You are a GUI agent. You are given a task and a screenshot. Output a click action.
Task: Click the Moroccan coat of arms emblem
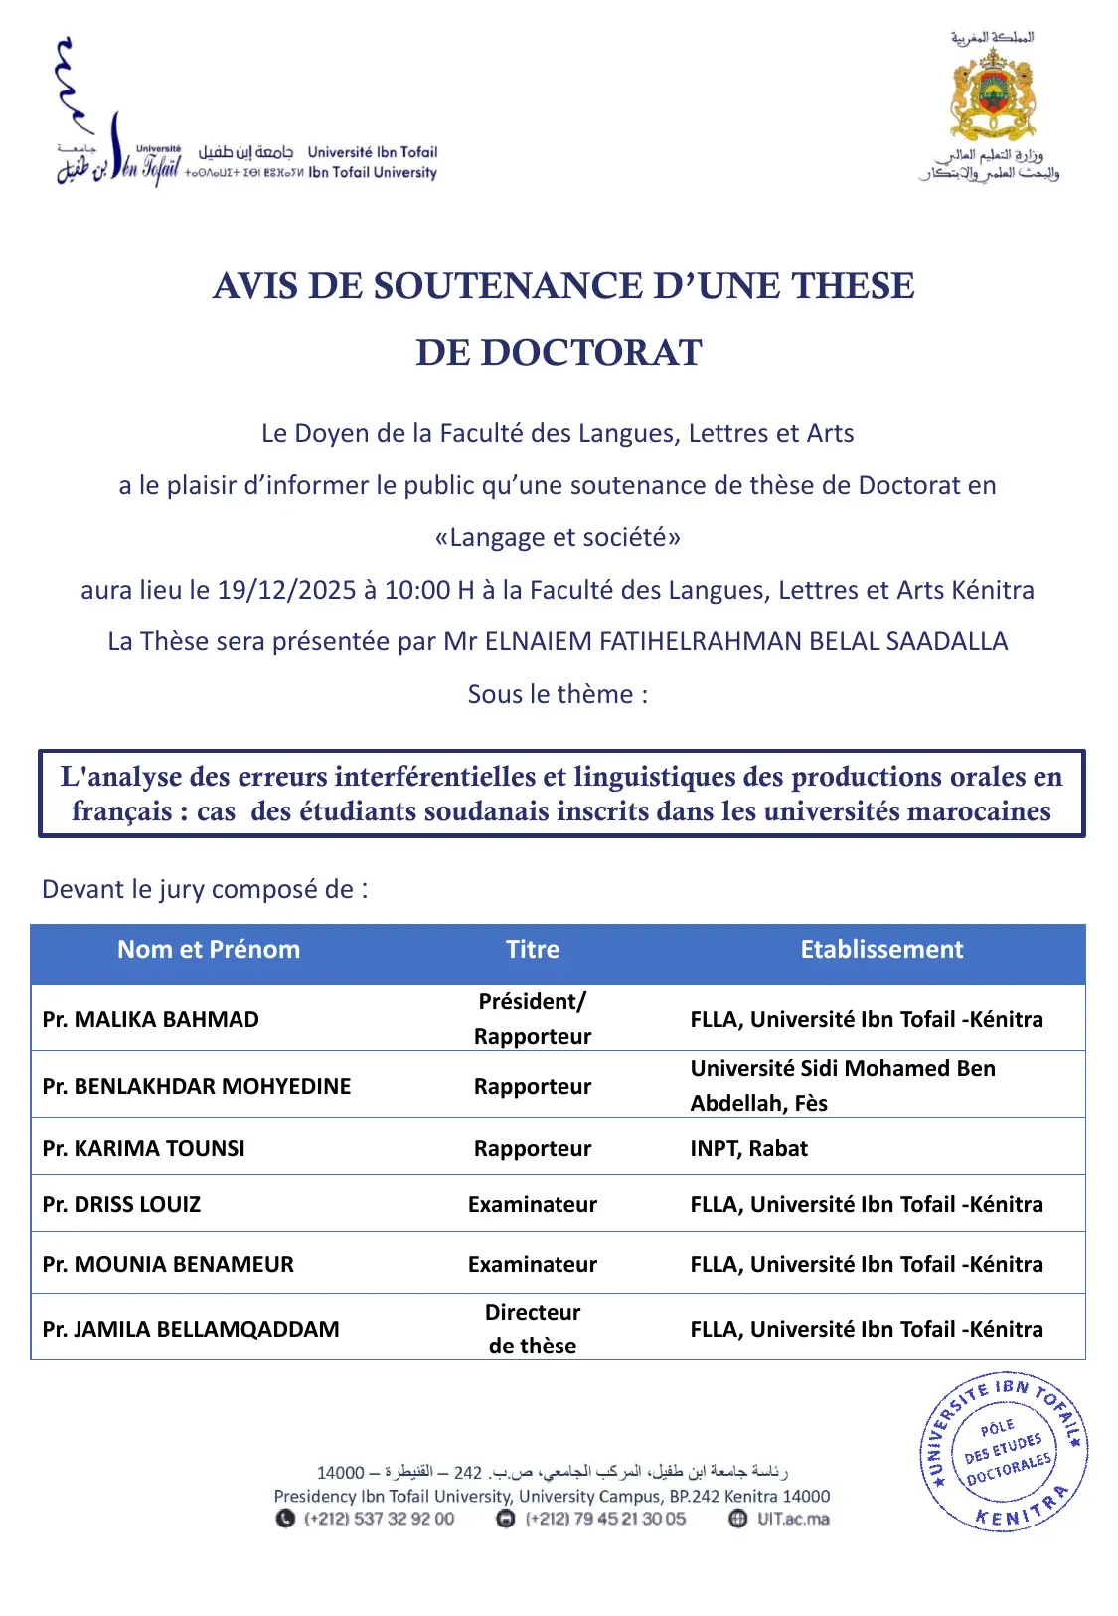click(993, 94)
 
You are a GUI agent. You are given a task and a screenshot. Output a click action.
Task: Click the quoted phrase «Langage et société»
click(558, 538)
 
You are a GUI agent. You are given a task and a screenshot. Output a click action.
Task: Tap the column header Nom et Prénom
click(209, 950)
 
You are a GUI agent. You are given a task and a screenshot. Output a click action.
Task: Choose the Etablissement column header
click(881, 950)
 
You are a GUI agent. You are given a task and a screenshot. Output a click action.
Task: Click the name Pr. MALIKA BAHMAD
click(151, 1019)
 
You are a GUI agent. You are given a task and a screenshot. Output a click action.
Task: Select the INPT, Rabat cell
click(749, 1148)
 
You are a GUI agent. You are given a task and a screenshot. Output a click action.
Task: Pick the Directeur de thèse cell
click(533, 1329)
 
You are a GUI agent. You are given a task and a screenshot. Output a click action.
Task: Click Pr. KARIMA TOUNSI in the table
click(144, 1148)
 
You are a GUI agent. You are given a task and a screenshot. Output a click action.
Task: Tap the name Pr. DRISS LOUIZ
click(122, 1205)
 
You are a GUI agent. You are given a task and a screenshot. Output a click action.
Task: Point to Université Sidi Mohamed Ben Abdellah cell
click(843, 1085)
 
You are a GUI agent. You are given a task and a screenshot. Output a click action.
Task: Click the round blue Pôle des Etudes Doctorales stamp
click(1005, 1453)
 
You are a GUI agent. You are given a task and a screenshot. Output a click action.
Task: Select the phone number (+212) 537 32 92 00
click(379, 1519)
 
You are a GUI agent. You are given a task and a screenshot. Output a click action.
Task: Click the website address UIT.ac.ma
click(792, 1519)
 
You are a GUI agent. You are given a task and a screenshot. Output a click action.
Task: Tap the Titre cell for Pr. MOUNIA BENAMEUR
click(533, 1264)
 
